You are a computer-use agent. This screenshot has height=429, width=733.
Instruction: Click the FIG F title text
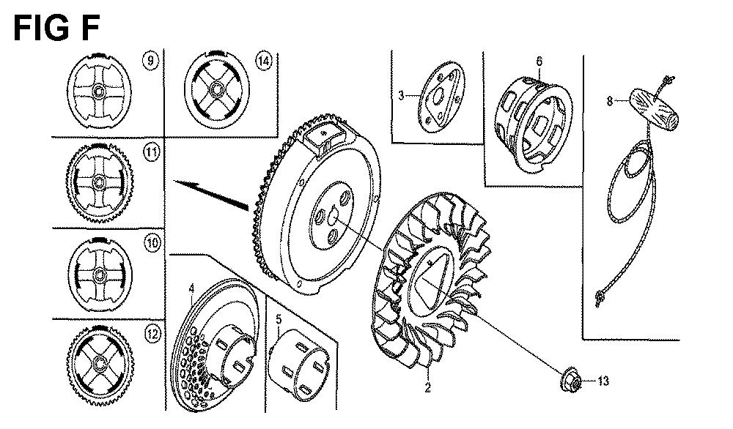pos(56,28)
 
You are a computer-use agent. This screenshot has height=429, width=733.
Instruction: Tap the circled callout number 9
pos(150,61)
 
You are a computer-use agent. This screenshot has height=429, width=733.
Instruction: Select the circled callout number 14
pos(264,61)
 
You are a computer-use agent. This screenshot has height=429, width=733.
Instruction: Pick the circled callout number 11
pos(152,152)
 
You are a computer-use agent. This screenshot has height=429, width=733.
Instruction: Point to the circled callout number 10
pos(152,243)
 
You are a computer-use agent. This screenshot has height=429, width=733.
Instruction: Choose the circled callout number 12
pos(152,335)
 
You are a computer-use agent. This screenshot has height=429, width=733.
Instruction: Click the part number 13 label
pos(603,381)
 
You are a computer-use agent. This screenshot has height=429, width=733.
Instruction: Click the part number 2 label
pos(427,387)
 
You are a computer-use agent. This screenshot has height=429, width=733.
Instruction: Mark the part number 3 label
pos(401,96)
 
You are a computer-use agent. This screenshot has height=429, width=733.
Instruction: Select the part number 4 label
pos(191,289)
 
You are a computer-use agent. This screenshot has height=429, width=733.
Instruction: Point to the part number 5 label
pos(279,320)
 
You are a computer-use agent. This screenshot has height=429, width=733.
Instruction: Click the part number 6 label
pos(539,61)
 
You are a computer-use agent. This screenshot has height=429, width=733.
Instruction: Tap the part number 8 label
pos(610,101)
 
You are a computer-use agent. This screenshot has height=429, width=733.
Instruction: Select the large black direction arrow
pos(211,193)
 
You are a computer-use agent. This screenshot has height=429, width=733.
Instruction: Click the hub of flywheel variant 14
pos(217,89)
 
